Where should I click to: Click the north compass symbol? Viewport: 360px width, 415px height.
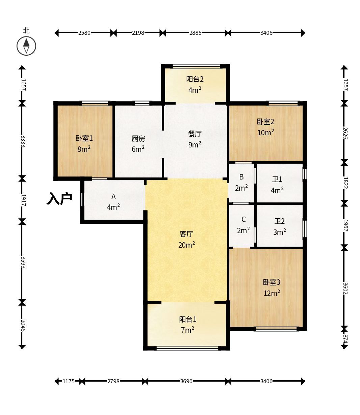[26, 46]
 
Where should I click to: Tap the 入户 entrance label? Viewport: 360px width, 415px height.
[59, 199]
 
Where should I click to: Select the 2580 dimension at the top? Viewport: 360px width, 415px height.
[84, 33]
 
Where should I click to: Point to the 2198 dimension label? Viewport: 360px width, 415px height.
[138, 33]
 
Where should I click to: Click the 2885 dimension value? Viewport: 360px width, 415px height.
[196, 33]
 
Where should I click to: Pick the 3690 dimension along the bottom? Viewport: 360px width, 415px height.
[186, 381]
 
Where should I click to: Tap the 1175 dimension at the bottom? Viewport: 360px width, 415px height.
[69, 381]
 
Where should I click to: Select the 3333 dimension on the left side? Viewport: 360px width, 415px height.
[23, 141]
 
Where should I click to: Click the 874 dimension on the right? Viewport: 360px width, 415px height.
[345, 339]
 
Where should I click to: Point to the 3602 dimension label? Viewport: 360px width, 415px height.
[345, 288]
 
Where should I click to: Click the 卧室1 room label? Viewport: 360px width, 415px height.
[84, 138]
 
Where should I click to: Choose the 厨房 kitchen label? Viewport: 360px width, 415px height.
[138, 139]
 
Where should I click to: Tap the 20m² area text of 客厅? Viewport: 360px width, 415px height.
[186, 245]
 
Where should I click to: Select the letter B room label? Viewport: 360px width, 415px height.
[241, 177]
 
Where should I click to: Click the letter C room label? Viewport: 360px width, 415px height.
[243, 219]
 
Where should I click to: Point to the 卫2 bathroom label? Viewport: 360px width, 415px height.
[280, 221]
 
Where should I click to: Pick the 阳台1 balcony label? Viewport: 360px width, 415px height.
[187, 320]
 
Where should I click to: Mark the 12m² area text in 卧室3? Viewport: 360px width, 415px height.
[272, 293]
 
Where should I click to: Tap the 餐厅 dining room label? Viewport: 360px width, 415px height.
[195, 134]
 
